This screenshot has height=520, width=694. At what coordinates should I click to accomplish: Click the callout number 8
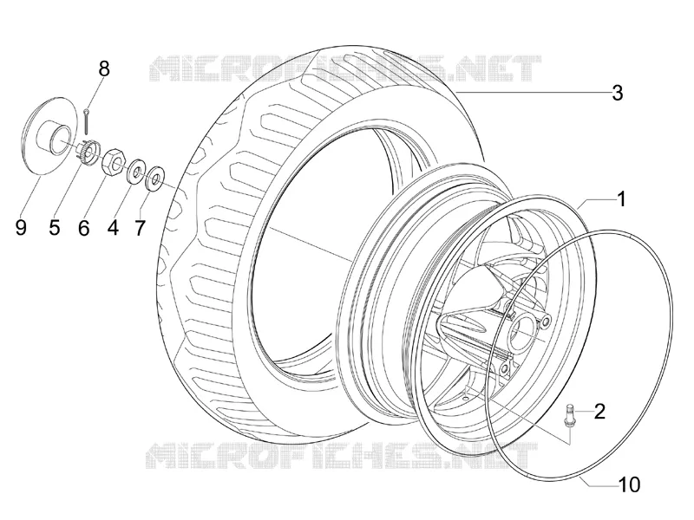pyautogui.click(x=103, y=69)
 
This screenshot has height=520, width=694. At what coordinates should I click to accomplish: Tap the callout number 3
pyautogui.click(x=618, y=93)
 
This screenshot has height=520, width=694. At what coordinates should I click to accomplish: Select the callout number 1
pyautogui.click(x=621, y=199)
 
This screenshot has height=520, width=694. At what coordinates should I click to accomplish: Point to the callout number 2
pyautogui.click(x=599, y=411)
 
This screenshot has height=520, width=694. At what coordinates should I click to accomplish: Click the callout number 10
pyautogui.click(x=629, y=484)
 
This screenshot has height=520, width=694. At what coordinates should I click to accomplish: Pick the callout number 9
pyautogui.click(x=21, y=228)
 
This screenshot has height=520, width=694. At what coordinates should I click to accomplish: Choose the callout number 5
pyautogui.click(x=55, y=227)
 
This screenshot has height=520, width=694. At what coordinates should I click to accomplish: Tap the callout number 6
pyautogui.click(x=84, y=228)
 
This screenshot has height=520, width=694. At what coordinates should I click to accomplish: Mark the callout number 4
pyautogui.click(x=114, y=228)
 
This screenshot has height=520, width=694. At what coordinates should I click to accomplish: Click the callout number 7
pyautogui.click(x=140, y=228)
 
